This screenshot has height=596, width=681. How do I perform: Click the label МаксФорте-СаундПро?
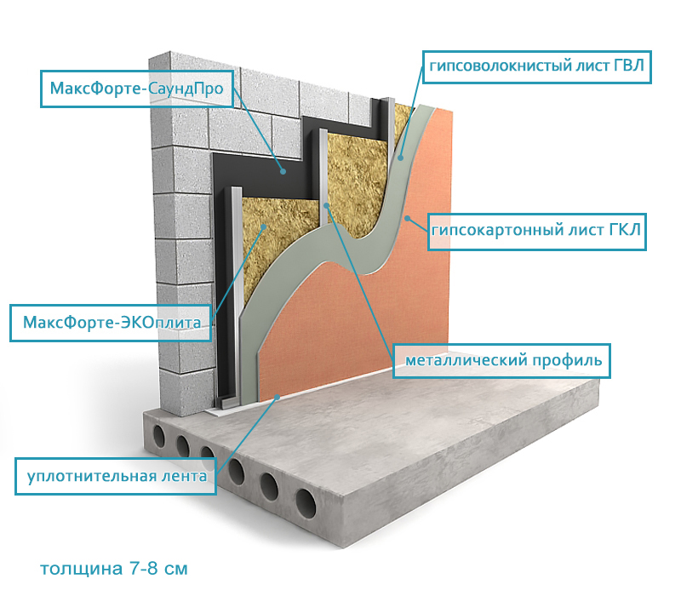[x=136, y=87]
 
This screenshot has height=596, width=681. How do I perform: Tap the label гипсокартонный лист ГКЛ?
[x=537, y=230]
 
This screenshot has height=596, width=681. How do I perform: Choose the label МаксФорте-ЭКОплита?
[x=111, y=323]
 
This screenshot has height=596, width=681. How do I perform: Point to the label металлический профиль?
[x=503, y=358]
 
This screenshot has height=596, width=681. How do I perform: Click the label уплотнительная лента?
[x=117, y=476]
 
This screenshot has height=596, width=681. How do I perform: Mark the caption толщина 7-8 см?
[x=113, y=567]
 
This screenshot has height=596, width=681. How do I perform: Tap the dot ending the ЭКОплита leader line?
[x=265, y=226]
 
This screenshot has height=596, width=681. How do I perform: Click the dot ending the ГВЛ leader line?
[x=400, y=157]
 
